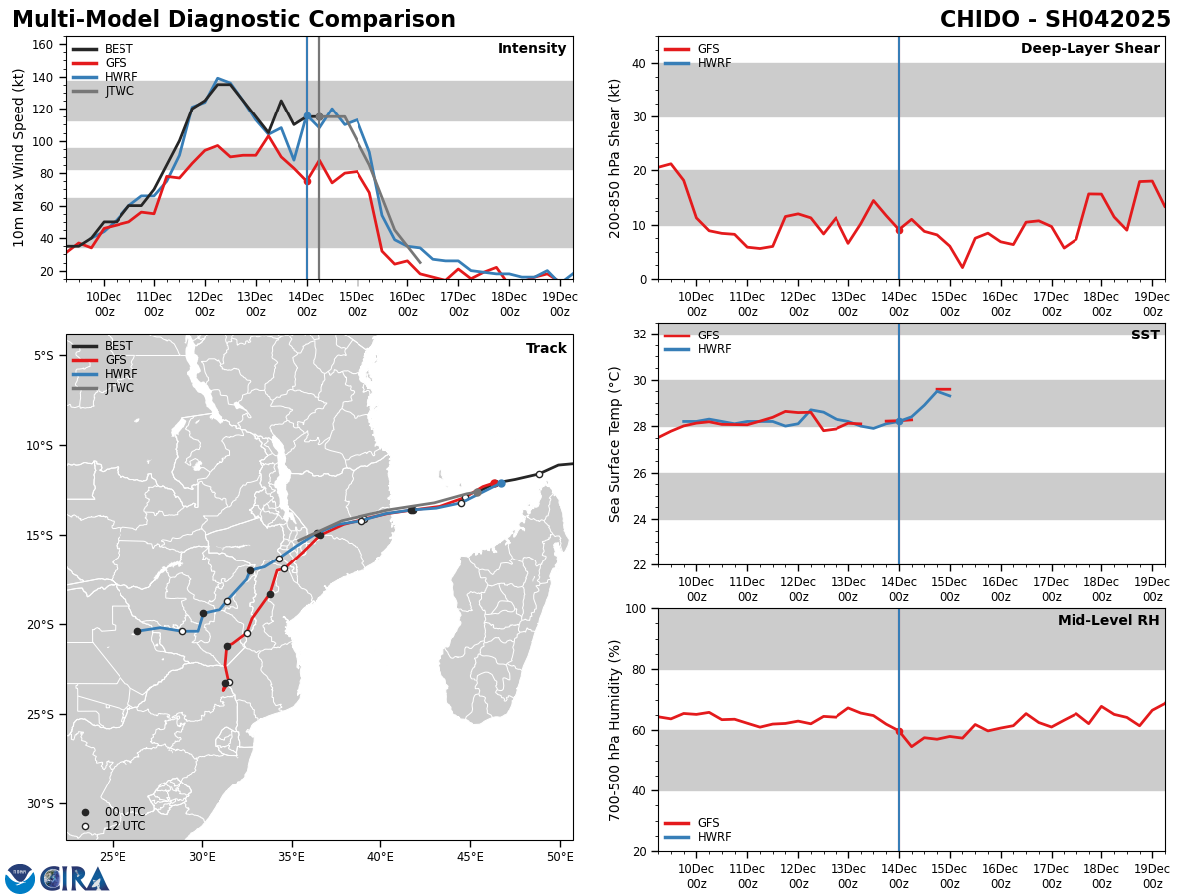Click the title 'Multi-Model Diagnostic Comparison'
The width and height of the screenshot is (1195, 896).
(233, 20)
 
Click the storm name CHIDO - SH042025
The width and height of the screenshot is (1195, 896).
(1055, 20)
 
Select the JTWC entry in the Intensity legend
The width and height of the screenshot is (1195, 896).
(119, 91)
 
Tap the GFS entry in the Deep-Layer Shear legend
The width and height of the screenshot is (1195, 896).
(707, 49)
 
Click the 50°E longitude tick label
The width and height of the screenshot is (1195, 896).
(560, 856)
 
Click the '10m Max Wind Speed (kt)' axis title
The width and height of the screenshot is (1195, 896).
(19, 157)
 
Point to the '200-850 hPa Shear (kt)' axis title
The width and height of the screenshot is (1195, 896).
(615, 157)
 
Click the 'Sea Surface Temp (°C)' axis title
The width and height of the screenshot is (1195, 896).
(615, 444)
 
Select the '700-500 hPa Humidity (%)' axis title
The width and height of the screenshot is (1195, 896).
(615, 730)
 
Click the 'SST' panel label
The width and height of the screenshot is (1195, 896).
(1144, 336)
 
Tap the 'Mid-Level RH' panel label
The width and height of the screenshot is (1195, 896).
(1108, 621)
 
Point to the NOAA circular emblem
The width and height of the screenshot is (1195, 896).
(19, 878)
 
